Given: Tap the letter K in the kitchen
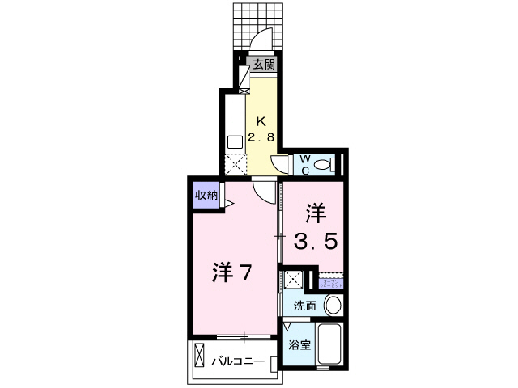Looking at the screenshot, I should tap(261, 121).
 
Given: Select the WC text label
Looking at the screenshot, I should tap(305, 164).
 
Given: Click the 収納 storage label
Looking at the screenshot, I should tap(206, 195).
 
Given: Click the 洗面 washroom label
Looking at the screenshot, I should tap(304, 306).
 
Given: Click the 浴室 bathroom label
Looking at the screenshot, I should tap(299, 345).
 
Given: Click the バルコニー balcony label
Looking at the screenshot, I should tap(240, 361).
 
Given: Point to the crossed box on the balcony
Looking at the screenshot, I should tap(201, 355).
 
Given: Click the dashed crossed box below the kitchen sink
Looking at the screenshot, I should tap(236, 163).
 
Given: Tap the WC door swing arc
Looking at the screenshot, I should tap(280, 165).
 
